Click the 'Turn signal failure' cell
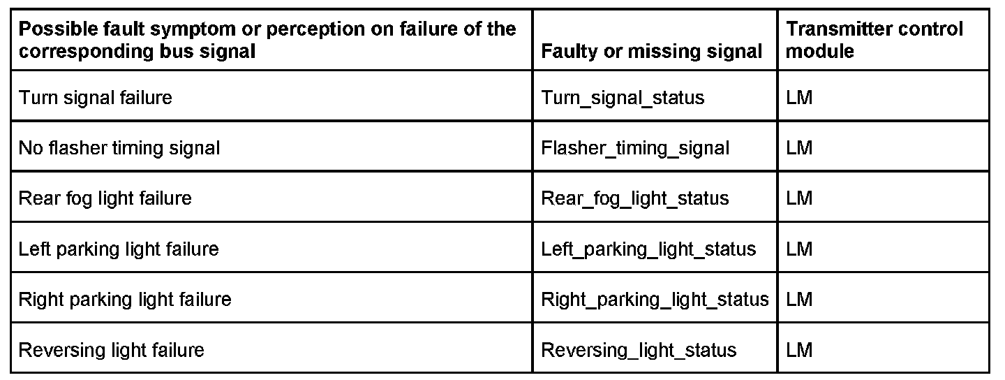click(x=95, y=97)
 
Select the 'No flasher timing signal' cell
click(x=119, y=148)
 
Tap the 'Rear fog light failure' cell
click(x=105, y=198)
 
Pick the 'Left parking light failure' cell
click(x=119, y=249)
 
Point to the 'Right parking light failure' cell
click(x=124, y=300)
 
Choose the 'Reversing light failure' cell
click(x=111, y=350)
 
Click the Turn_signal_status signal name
click(x=623, y=97)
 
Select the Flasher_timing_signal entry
click(x=635, y=148)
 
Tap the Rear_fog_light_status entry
click(x=634, y=198)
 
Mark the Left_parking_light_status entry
click(x=648, y=249)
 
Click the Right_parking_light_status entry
click(x=655, y=300)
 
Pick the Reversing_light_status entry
click(x=639, y=350)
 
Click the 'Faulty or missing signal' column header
click(x=652, y=51)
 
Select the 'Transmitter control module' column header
click(x=874, y=40)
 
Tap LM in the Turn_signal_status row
click(x=799, y=97)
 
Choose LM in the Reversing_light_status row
click(x=799, y=350)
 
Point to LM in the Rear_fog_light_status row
click(x=799, y=198)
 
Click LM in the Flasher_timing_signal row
click(x=799, y=148)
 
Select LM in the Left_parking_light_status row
click(x=799, y=249)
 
